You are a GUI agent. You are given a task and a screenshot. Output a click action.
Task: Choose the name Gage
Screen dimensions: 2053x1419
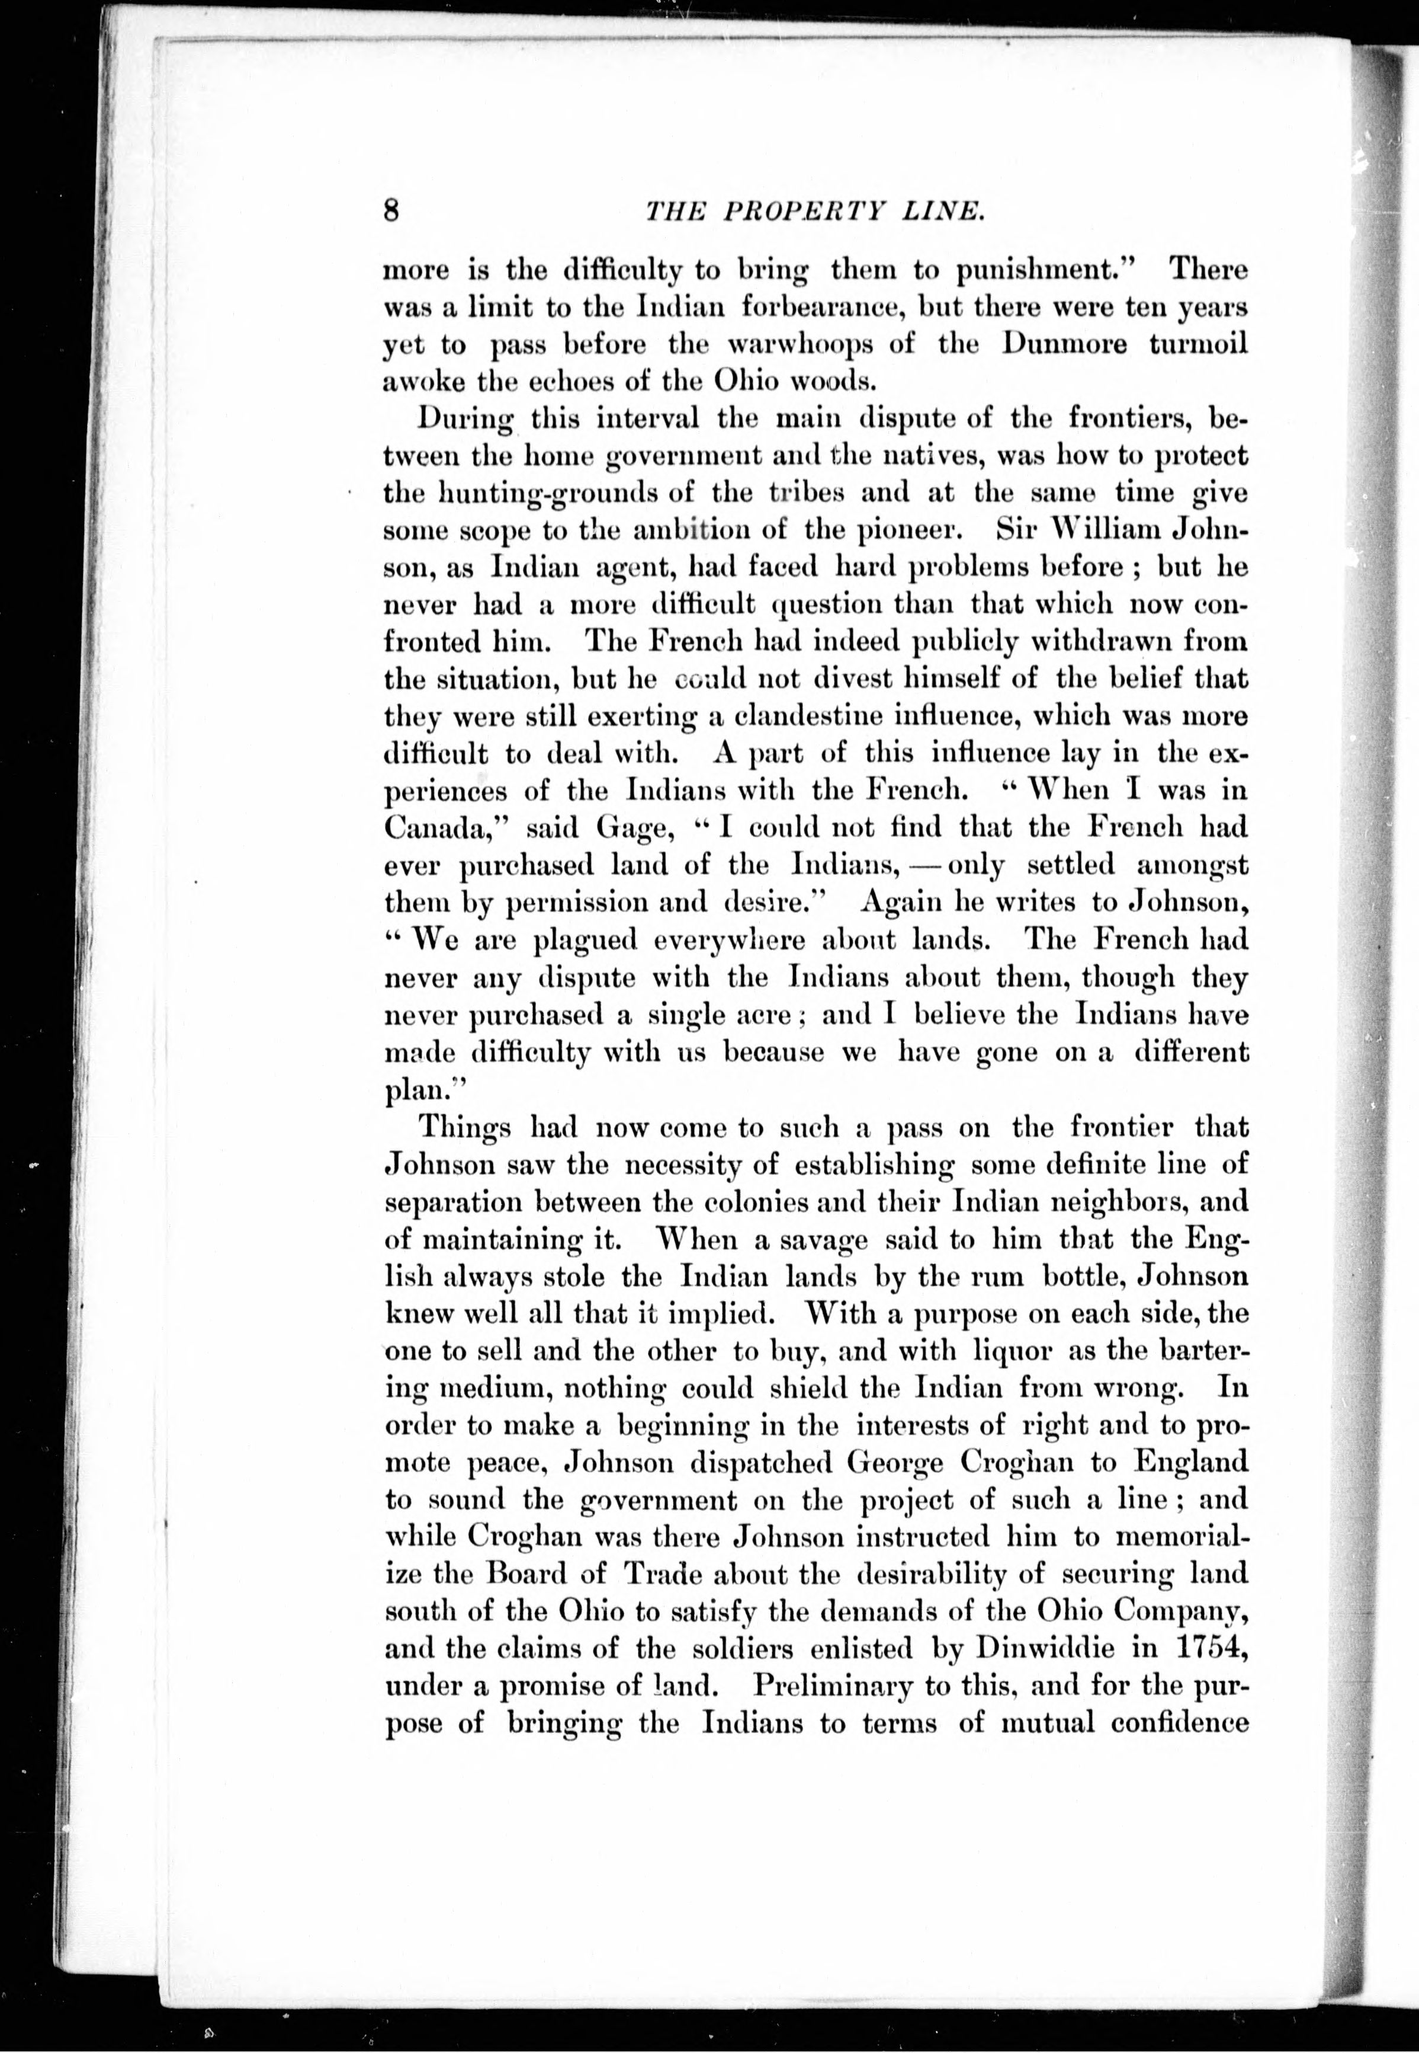pos(630,828)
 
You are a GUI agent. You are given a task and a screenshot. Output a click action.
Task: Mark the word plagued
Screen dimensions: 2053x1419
pos(585,940)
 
